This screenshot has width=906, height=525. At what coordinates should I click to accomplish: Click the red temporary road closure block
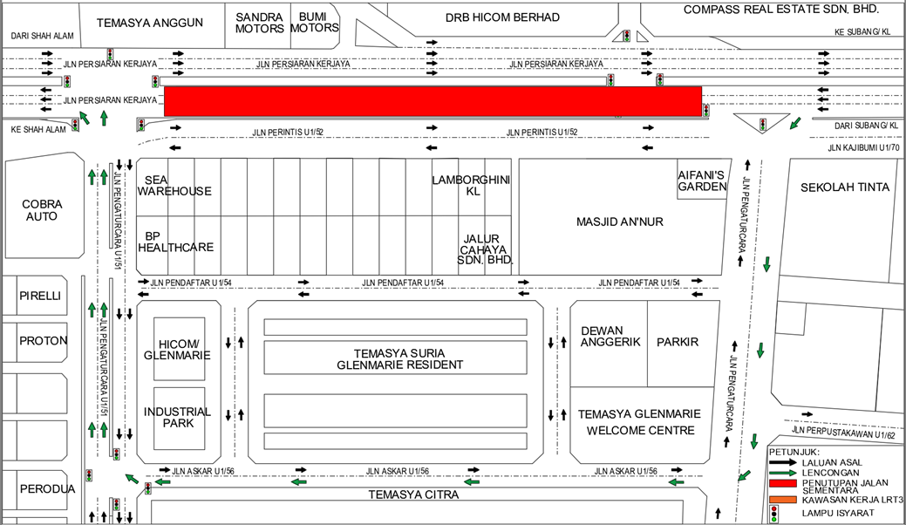[x=433, y=102]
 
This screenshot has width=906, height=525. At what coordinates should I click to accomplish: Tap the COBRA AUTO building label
[x=42, y=210]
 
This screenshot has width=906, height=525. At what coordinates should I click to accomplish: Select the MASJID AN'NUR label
[x=619, y=222]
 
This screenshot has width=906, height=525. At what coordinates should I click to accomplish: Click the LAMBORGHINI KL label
[x=471, y=186]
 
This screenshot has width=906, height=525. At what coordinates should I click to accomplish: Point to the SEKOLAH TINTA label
[x=845, y=187]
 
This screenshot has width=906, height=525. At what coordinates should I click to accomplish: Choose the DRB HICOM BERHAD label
[x=502, y=18]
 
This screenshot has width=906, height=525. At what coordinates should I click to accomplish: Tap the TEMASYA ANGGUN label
[x=150, y=23]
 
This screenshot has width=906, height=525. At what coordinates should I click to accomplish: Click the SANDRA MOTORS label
[x=260, y=23]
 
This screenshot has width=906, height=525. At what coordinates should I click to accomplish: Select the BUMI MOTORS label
[x=314, y=23]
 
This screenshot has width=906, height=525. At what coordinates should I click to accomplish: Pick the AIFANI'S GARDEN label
[x=702, y=181]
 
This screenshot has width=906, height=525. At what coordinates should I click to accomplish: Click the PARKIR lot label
[x=678, y=342]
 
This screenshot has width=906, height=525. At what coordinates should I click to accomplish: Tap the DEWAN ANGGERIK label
[x=610, y=336]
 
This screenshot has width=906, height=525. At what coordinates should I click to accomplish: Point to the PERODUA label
[x=47, y=489]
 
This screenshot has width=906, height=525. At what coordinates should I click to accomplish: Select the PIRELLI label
[x=40, y=296]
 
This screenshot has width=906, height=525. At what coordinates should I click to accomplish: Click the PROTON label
[x=44, y=341]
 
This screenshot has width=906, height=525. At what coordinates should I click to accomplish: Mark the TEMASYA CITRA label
[x=413, y=495]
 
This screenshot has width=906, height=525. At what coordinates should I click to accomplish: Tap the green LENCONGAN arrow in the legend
[x=783, y=473]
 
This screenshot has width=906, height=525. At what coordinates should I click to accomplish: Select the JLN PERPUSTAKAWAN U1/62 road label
[x=843, y=433]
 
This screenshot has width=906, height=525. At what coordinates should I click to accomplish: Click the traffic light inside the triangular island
[x=763, y=124]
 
